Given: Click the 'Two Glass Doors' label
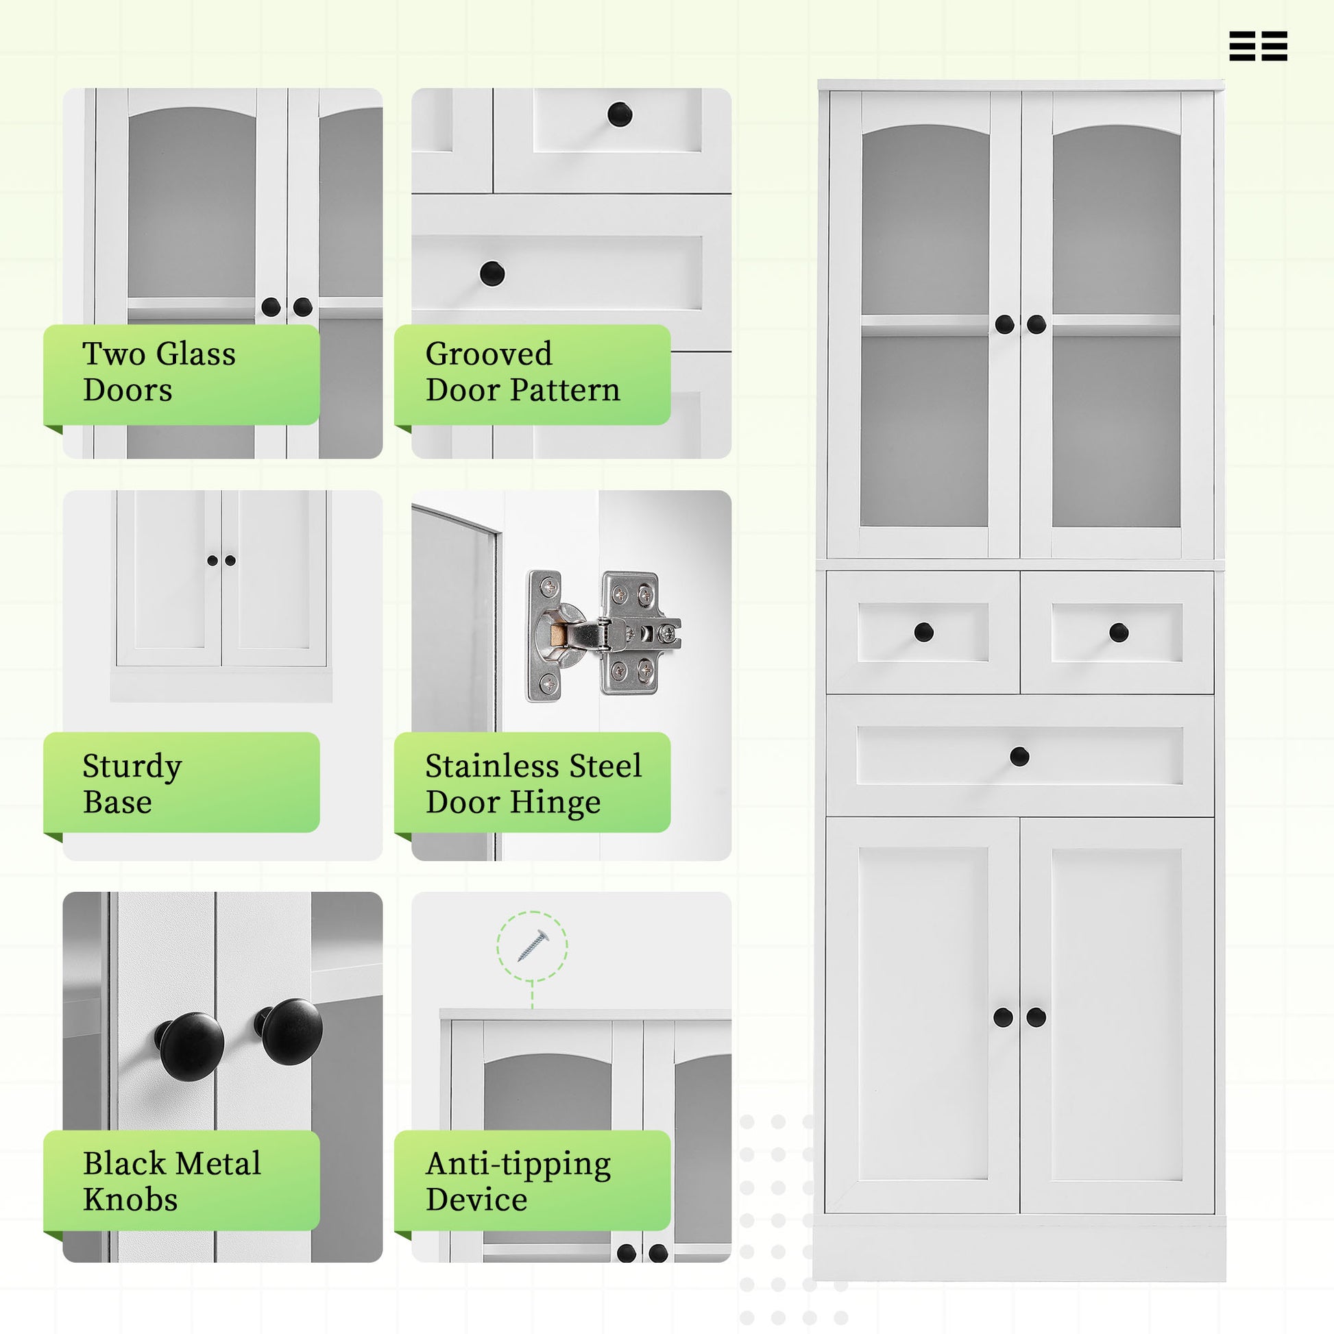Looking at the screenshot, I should point(181,374).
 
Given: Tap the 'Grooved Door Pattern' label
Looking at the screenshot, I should point(531,374).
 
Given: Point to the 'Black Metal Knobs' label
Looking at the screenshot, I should point(181,1180).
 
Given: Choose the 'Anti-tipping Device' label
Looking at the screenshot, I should point(531,1180).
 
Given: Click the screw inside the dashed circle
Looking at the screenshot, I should point(533,945).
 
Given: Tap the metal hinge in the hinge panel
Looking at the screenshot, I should point(602,635).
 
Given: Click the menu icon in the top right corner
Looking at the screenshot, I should point(1258,46).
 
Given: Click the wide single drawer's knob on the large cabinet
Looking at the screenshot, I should point(1019,756).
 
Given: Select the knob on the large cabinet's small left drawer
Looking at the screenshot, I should point(923,631).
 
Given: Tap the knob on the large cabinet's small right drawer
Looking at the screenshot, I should point(1119,632).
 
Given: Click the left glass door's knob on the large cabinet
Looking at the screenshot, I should point(1005,324).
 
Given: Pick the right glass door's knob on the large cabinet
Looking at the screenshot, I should point(1036,324).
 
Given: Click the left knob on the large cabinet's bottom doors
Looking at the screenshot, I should point(1004,1017).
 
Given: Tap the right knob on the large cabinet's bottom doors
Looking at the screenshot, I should point(1036,1017).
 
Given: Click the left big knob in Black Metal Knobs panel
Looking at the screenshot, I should point(190,1046).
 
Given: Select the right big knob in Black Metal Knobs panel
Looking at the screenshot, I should point(290,1031).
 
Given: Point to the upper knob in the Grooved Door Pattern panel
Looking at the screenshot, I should point(620,114).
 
